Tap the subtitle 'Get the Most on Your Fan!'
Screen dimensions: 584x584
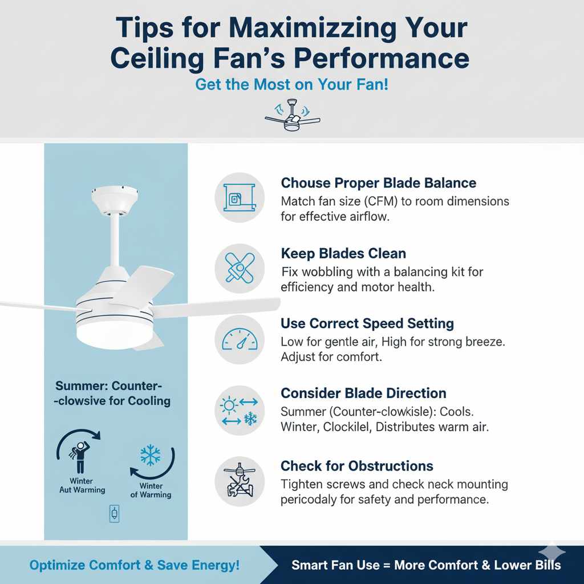coord(291,84)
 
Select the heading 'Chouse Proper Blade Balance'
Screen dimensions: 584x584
coord(378,183)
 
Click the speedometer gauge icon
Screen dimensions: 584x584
coord(240,340)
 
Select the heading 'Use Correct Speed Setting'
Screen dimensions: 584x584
coord(367,323)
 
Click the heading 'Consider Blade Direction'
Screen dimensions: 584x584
coord(363,394)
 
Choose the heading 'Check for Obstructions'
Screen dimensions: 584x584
coord(356,466)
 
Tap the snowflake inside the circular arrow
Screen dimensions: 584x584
coord(151,456)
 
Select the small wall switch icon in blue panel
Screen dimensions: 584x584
coord(115,514)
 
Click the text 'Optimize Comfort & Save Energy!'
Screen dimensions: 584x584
coord(135,565)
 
